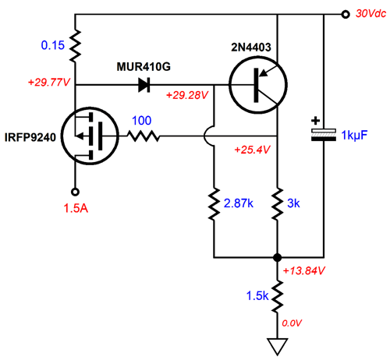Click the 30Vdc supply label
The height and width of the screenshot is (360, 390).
coord(370,13)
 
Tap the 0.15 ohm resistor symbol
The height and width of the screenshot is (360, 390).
coord(75,46)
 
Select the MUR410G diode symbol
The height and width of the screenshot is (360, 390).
coord(144,85)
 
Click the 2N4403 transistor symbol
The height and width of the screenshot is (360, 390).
coord(258,85)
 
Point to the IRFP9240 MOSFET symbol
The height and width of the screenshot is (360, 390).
coord(90,136)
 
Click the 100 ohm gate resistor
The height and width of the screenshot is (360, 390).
coord(144,136)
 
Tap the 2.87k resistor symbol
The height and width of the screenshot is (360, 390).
coord(214,204)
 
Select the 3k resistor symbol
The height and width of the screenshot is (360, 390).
coord(278,204)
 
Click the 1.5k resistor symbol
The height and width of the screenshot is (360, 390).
coord(278,295)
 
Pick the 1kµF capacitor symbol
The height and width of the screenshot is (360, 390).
coord(324,135)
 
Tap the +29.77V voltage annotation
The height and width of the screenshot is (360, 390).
coord(49,83)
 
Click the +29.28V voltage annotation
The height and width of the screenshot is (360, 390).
coord(187,95)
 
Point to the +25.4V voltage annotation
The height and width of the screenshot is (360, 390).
coord(252,150)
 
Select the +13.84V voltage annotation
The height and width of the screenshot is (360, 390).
coord(303,271)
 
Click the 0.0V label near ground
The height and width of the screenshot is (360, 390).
coord(292,323)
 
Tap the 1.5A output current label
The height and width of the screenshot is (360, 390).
coord(76,208)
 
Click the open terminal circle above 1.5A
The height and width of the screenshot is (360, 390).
coord(75,192)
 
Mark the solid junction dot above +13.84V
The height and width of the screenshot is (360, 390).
coord(278,257)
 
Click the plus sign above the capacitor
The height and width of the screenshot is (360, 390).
coord(316,121)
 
